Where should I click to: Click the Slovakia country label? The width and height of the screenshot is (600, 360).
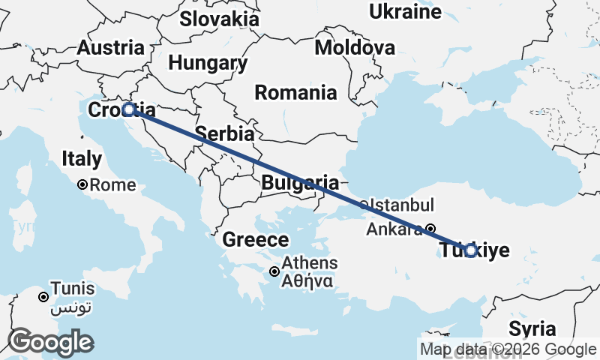(x=219, y=19)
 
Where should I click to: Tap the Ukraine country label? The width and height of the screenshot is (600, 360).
(x=405, y=11)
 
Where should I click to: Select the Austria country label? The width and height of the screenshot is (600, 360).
(x=111, y=47)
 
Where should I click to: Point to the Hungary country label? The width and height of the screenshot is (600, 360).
(x=208, y=63)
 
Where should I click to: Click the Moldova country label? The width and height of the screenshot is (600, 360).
(x=355, y=48)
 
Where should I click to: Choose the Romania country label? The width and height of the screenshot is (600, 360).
(x=295, y=93)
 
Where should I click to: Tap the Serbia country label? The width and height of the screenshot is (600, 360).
(x=224, y=134)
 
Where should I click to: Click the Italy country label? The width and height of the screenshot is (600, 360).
(x=82, y=159)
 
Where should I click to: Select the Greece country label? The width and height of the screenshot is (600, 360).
(x=256, y=240)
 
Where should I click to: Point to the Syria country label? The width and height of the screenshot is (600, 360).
(x=532, y=328)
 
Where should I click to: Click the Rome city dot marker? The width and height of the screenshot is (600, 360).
(x=82, y=184)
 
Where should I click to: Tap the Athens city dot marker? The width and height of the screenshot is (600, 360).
(x=275, y=271)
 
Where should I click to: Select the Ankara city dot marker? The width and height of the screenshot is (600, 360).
(x=430, y=229)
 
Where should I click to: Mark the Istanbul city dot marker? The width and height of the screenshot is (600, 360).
(x=364, y=204)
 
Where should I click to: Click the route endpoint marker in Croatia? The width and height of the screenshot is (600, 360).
(x=128, y=109)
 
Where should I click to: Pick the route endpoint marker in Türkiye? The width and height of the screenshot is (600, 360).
(x=469, y=250)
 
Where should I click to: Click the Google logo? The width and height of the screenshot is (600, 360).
(x=50, y=342)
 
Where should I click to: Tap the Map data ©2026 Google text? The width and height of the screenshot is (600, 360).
(x=508, y=349)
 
